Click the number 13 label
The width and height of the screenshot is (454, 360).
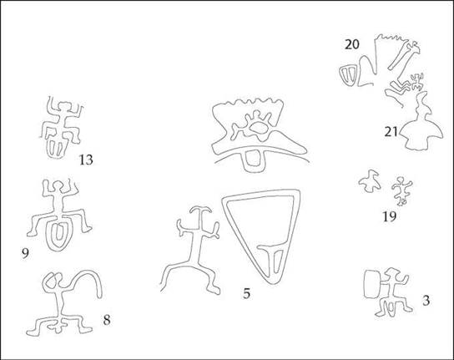click(86, 160)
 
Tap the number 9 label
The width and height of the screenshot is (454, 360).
click(25, 254)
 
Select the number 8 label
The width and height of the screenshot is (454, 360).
click(107, 320)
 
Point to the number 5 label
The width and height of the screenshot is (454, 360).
click(246, 294)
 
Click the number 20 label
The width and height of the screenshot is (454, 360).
click(352, 44)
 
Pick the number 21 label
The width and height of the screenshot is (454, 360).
click(391, 132)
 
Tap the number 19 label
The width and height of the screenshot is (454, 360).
click(390, 216)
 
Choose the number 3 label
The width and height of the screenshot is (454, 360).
click(426, 301)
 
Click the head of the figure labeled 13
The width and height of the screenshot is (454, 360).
click(65, 106)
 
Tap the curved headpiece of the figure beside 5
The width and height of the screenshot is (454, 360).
click(200, 210)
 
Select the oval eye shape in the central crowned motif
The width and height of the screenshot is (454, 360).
click(258, 128)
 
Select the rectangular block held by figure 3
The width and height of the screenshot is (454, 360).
click(371, 284)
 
